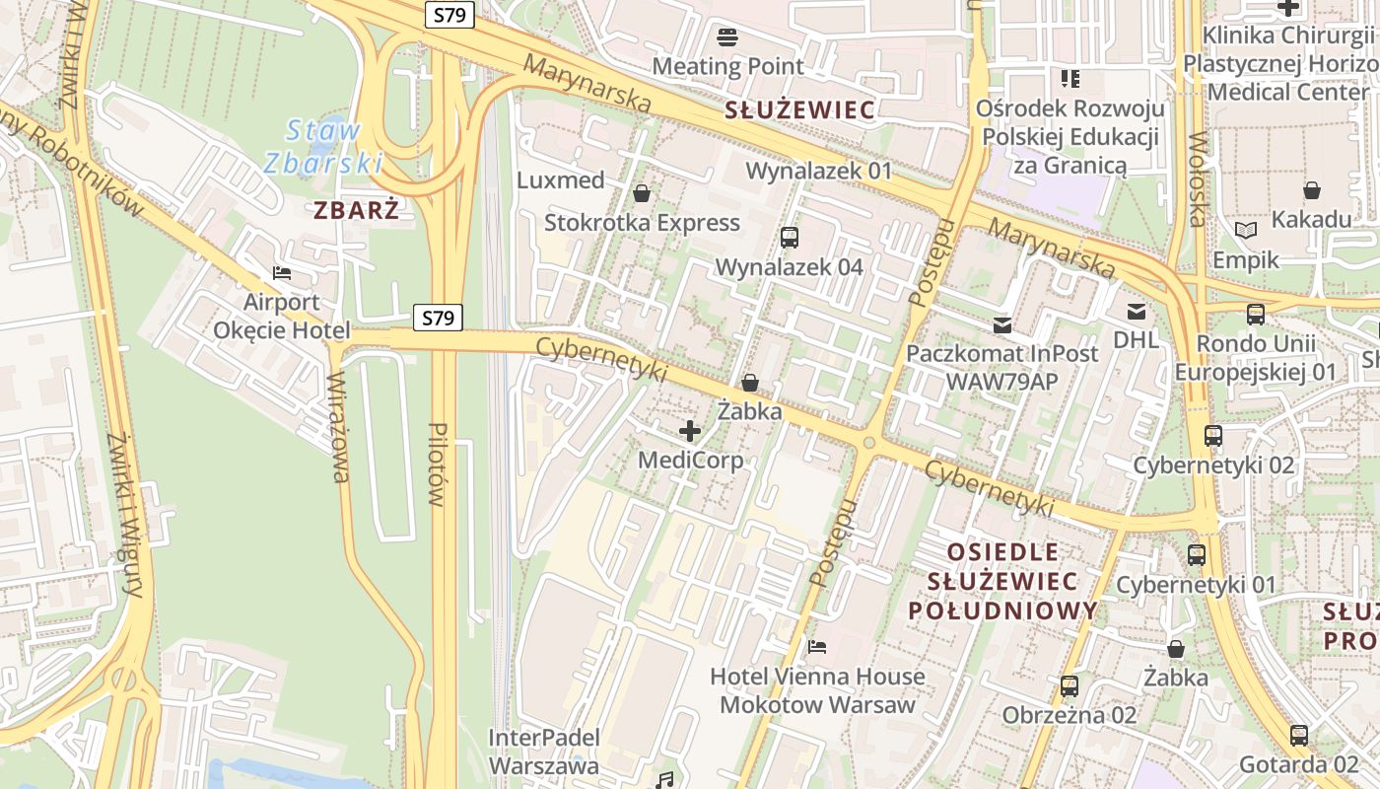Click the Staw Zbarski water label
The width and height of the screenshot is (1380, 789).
click(323, 146)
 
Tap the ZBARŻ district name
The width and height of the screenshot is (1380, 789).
click(357, 210)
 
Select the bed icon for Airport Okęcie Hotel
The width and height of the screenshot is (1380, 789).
click(282, 273)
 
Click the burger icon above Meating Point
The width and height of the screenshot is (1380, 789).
click(728, 38)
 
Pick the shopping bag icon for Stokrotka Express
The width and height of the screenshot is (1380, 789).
click(642, 193)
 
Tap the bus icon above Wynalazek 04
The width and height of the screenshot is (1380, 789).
click(789, 238)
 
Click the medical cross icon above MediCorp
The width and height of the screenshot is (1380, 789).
click(690, 431)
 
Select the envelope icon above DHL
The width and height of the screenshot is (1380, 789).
click(1137, 312)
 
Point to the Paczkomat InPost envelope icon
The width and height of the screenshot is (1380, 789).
click(1002, 324)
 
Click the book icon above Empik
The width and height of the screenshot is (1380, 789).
click(1246, 231)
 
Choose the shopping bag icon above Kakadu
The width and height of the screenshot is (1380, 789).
click(1312, 189)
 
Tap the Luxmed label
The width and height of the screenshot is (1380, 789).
click(561, 180)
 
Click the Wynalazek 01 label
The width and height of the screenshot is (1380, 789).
click(819, 171)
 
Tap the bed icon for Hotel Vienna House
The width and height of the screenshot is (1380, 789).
click(817, 647)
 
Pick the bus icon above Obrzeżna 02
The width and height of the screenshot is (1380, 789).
click(1069, 685)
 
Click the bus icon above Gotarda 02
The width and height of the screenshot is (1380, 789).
click(1299, 735)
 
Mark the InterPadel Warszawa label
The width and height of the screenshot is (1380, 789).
click(543, 752)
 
